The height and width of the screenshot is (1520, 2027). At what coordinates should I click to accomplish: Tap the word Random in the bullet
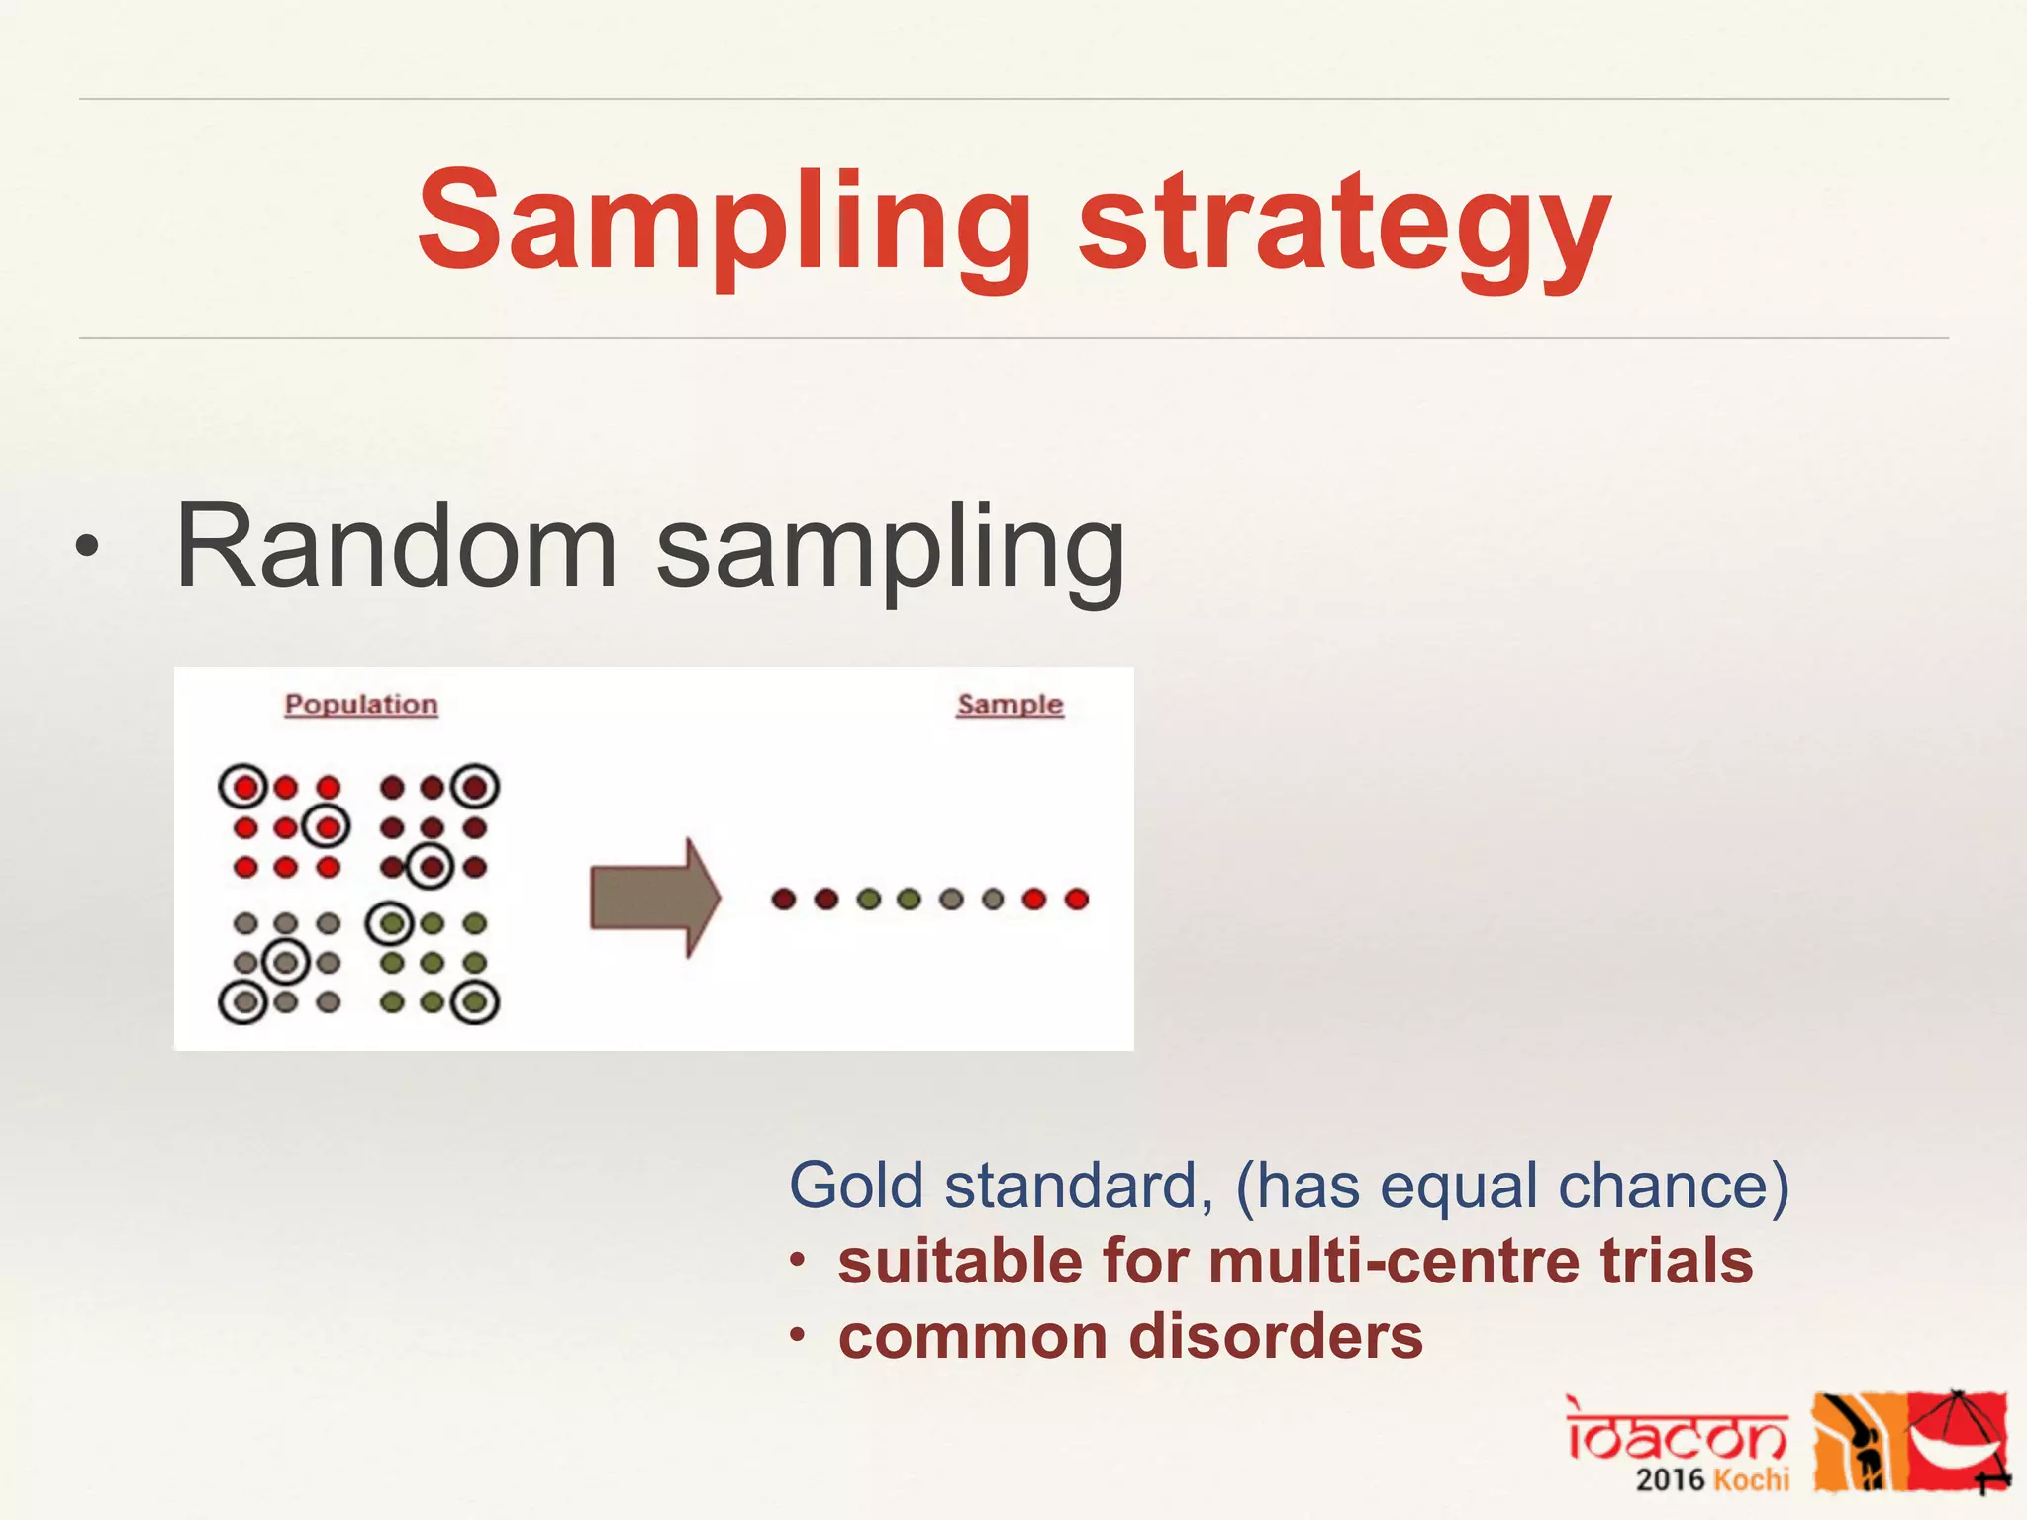pyautogui.click(x=396, y=546)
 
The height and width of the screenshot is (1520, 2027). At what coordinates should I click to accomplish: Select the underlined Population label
pyautogui.click(x=361, y=705)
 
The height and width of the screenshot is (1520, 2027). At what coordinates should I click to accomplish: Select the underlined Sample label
pyautogui.click(x=1010, y=705)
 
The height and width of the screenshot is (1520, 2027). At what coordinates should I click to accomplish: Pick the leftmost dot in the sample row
pyautogui.click(x=784, y=899)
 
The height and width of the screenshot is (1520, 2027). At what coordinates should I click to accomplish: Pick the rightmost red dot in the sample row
pyautogui.click(x=1077, y=899)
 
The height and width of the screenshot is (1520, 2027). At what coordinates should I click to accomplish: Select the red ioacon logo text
pyautogui.click(x=1677, y=1431)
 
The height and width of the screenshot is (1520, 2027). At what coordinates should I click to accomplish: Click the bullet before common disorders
pyautogui.click(x=798, y=1337)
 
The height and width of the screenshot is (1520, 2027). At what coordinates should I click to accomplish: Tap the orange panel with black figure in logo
pyautogui.click(x=1857, y=1441)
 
